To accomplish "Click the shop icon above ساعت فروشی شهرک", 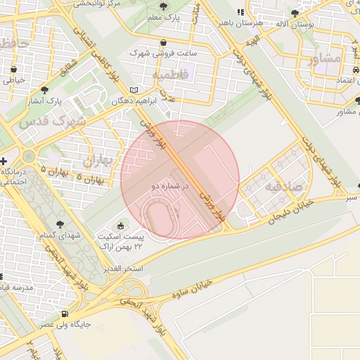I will (164, 42).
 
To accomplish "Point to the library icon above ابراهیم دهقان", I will (134, 90).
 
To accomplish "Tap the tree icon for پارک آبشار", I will (44, 90).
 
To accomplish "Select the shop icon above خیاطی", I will (14, 69).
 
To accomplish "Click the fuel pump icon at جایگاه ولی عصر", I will (65, 314).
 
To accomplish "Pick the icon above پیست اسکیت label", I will (120, 226).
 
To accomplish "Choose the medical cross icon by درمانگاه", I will (4, 162).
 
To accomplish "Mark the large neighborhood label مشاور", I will (324, 58).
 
